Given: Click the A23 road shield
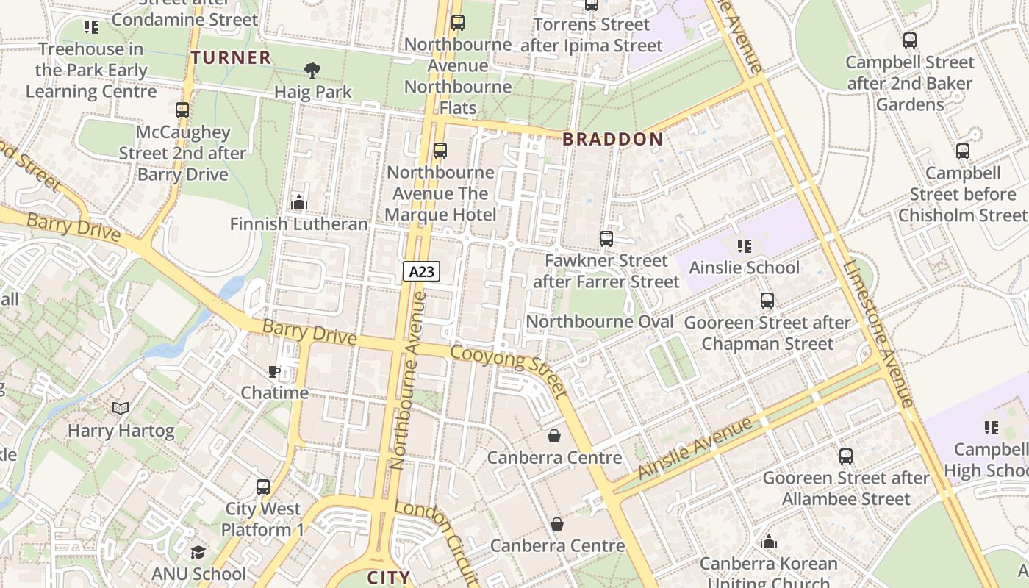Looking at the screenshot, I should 421,271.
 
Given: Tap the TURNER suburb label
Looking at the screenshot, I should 231,58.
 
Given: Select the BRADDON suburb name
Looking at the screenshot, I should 612,139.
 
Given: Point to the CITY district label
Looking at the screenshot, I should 388,578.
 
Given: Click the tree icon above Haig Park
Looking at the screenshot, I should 312,71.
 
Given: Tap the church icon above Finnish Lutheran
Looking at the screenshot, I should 298,201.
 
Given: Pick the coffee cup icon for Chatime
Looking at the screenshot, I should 274,372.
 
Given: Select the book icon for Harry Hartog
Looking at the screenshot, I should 121,408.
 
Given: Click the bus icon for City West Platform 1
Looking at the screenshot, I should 262,487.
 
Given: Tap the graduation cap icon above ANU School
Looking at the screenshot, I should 198,551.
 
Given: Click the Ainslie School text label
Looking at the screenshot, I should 744,268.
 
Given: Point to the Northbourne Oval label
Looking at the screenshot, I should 599,322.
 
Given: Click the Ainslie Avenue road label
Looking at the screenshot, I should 696,448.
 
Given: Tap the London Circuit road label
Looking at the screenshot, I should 437,537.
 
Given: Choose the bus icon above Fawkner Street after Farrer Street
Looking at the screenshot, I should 606,239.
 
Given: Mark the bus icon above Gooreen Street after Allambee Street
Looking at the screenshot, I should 845,456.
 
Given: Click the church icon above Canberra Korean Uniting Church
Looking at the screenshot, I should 768,542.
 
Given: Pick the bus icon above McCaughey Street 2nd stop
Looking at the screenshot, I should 182,110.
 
